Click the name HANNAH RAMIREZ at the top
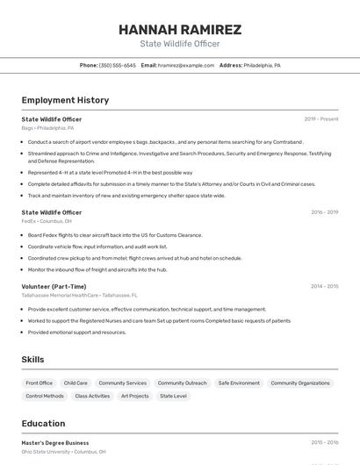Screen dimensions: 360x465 point(180,29)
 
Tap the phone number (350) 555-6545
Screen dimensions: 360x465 point(118,65)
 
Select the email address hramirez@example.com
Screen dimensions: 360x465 point(186,65)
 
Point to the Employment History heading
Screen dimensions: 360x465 point(65,100)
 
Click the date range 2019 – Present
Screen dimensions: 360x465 point(321,118)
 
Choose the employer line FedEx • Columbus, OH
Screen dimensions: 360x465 point(47,221)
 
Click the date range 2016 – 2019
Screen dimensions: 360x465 point(324,212)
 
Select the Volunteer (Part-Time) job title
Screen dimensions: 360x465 point(54,286)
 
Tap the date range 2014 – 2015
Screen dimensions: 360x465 point(324,286)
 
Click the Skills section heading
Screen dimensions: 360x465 point(32,359)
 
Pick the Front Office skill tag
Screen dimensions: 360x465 point(40,383)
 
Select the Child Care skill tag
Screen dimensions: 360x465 point(76,383)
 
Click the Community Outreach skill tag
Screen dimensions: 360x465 point(183,383)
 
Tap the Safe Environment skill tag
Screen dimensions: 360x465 point(239,383)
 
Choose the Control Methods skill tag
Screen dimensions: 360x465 point(45,396)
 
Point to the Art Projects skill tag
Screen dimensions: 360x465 point(134,396)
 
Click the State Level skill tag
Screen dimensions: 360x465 point(173,396)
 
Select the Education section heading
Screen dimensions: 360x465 point(43,423)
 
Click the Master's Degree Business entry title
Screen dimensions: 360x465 point(55,443)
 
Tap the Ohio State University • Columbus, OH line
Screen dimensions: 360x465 point(63,452)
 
